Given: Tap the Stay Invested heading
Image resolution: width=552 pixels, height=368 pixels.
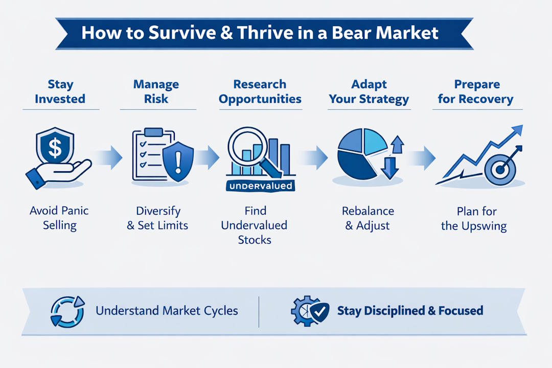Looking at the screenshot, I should [61, 91].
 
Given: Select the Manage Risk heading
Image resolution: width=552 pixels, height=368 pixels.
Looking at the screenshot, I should [156, 91].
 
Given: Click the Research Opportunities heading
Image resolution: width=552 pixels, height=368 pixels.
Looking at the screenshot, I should [260, 91].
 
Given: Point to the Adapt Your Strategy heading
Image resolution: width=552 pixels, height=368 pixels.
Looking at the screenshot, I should [369, 91].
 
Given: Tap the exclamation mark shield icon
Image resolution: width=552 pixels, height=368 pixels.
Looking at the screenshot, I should [177, 159].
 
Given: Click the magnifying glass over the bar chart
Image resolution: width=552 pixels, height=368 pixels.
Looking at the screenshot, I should [244, 147].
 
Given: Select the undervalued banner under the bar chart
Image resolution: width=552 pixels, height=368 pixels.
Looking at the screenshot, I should [261, 186].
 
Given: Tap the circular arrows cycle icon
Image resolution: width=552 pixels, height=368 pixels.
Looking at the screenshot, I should [64, 310].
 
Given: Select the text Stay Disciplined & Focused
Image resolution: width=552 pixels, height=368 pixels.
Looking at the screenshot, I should [410, 311].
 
